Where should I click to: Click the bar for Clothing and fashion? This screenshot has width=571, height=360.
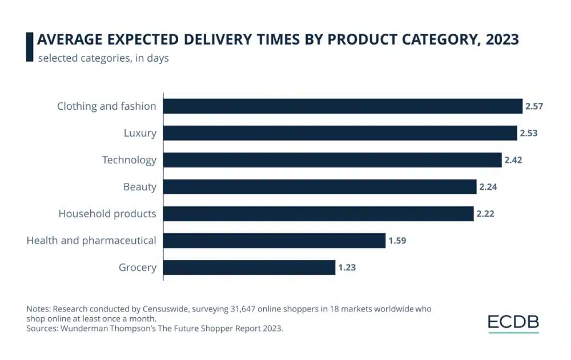343,106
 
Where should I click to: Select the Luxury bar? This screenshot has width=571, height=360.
340,133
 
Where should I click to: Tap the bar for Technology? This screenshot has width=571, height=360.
332,160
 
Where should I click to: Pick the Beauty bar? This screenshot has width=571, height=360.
320,187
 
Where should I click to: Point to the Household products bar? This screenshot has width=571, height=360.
319,214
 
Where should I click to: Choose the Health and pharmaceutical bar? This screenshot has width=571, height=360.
275,241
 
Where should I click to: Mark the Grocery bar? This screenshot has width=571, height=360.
250,267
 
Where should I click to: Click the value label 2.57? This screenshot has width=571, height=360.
534,106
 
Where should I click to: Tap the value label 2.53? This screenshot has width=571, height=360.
529,133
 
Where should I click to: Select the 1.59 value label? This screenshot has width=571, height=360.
397,241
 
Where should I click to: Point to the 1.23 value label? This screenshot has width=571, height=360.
347,267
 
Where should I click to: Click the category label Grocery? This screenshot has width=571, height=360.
137,267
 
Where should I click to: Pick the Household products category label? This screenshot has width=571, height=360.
107,214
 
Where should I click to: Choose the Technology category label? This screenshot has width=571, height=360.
129,160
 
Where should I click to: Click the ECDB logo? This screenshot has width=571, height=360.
513,323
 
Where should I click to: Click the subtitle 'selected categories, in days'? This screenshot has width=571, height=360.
103,58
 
